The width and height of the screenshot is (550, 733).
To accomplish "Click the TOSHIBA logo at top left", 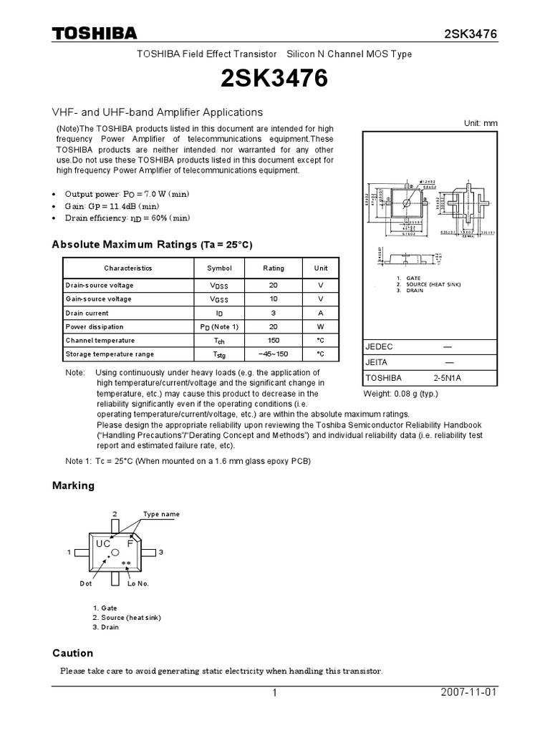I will pos(94,34).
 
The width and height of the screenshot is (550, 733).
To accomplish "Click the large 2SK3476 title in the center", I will pos(275,79).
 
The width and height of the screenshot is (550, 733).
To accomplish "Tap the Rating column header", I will pos(274,268).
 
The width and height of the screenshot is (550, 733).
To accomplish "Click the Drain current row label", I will pos(87,313).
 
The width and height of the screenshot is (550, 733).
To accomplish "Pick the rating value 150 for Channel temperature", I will pos(274,341).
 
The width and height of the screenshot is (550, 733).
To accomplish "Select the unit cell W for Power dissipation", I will pos(321,326).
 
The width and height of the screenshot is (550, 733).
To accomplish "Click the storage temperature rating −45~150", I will pos(274,354).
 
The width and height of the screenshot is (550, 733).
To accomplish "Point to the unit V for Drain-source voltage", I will pos(321,286).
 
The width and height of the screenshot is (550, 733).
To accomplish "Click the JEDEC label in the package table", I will pos(380,347).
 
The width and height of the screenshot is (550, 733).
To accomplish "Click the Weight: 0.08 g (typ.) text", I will pos(400,394).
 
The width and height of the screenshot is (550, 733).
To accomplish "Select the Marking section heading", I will pos(73,485).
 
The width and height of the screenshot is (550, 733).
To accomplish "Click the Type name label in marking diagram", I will pos(161,514).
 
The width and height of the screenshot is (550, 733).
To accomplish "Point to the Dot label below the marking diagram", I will pos(86,584).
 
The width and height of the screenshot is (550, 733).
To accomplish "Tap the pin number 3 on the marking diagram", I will pos(162,552).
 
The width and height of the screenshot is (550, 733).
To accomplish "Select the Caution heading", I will pos(72,653).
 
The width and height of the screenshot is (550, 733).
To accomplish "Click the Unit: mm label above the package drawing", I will pos(480,123).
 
